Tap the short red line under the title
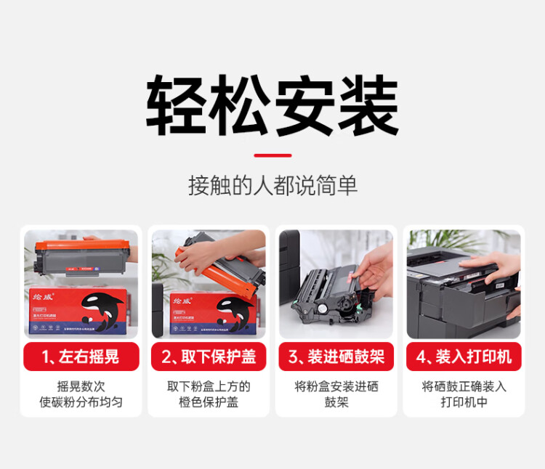[272, 155]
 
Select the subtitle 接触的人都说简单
[272, 185]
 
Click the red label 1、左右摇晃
[81, 356]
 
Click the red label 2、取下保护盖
[209, 356]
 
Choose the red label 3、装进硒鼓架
[336, 356]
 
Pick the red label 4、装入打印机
[464, 356]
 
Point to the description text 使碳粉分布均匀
[81, 402]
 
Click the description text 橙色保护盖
[209, 402]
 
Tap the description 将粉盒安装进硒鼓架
[336, 394]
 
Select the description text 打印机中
[464, 402]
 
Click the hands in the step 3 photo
[374, 272]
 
